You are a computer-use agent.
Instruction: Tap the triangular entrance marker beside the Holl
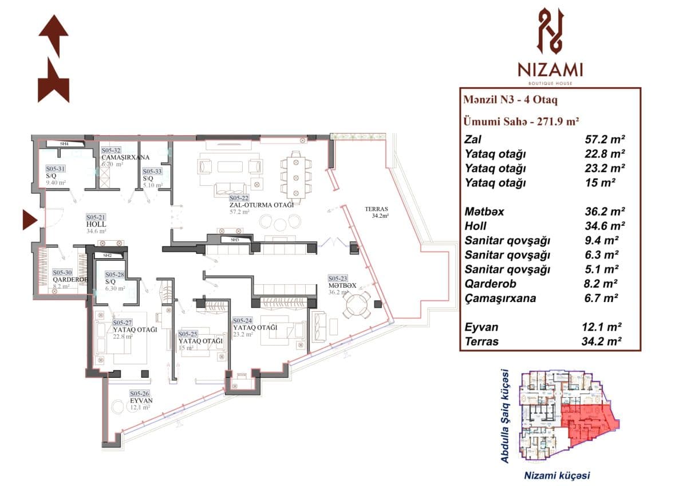point(29,220)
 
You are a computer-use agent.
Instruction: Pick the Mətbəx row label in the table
point(484,212)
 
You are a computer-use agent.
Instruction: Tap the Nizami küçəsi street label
point(557,475)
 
